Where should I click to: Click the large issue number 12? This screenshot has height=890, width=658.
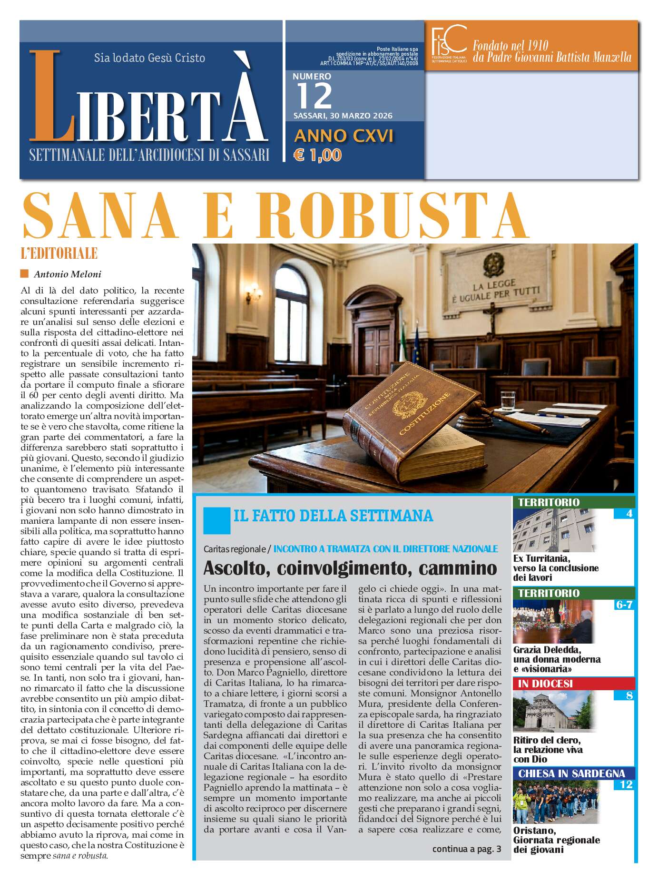314,96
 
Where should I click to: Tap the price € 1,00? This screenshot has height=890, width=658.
318,155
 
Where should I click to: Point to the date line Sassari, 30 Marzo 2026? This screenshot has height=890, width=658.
343,116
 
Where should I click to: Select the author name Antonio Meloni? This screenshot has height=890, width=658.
68,274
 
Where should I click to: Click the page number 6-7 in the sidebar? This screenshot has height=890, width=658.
624,605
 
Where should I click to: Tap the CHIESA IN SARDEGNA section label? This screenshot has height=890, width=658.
571,773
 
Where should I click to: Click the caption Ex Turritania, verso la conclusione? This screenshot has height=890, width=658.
556,568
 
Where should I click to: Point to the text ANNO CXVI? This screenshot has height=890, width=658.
344,136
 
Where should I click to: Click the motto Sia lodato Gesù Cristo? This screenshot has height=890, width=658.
149,58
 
